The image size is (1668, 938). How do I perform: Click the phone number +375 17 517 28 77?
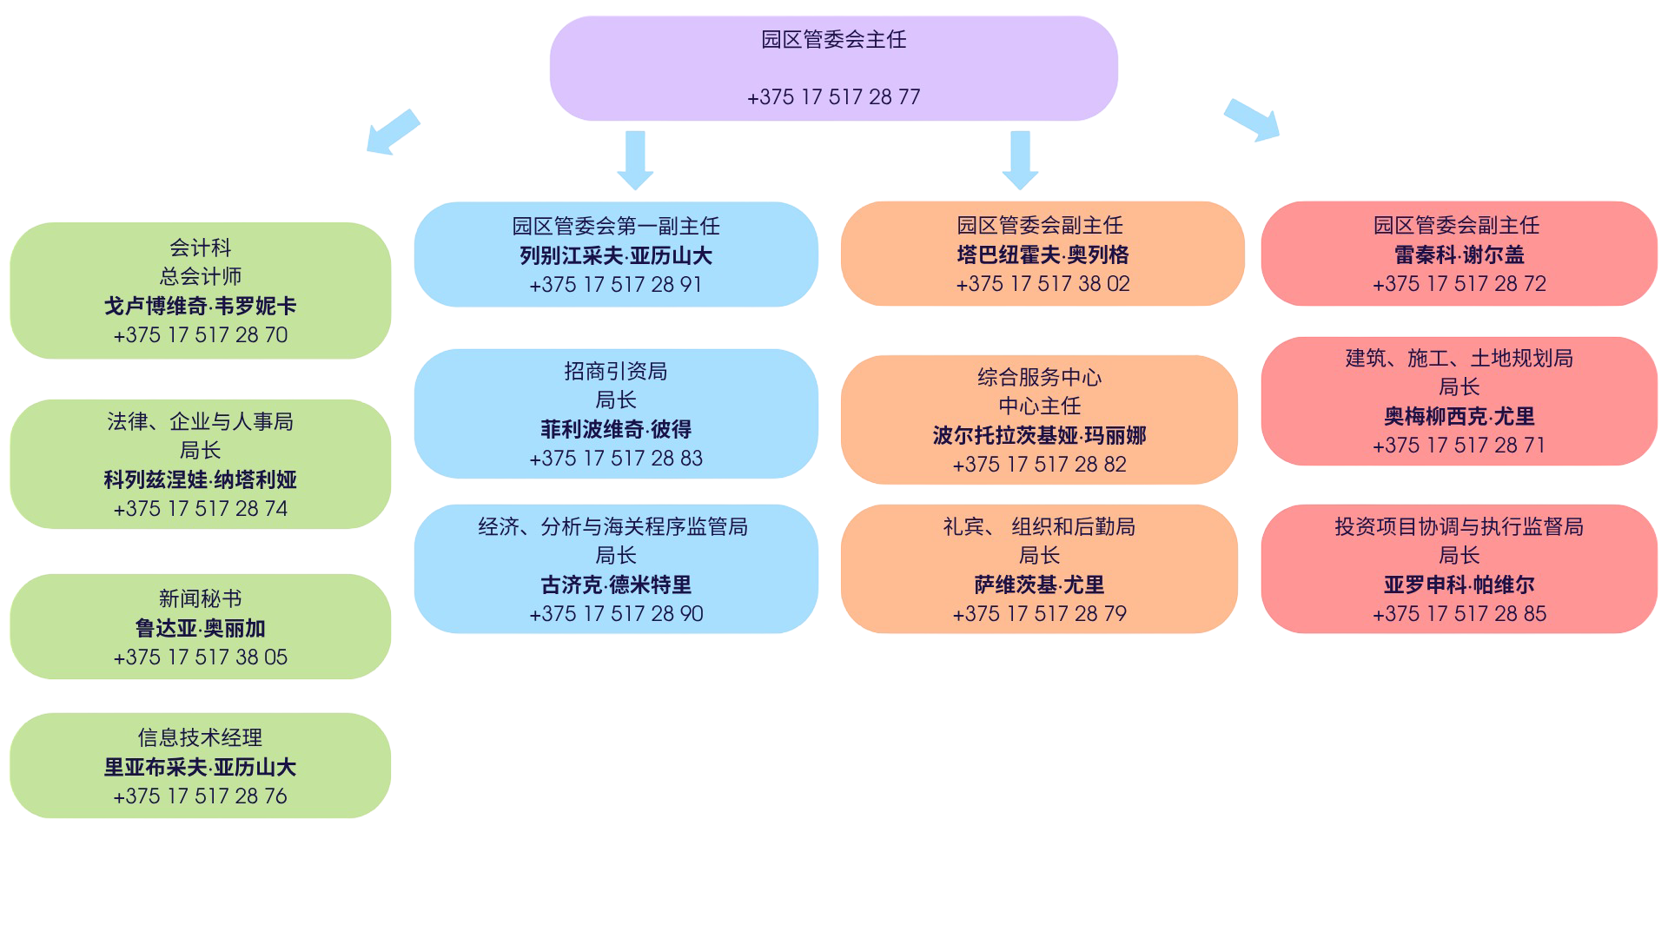pos(833,96)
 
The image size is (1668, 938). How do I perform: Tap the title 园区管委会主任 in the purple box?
pos(833,40)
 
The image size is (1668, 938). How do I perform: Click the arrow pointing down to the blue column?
pos(635,159)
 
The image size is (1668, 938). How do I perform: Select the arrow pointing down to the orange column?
pos(1020,159)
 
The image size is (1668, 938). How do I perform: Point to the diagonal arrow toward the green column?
pos(393,132)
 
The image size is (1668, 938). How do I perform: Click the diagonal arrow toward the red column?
pos(1252,120)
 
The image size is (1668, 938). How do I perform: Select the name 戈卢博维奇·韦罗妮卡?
pos(200,306)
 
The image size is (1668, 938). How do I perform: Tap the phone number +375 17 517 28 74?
pos(200,508)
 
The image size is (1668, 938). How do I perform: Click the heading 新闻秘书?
pos(200,598)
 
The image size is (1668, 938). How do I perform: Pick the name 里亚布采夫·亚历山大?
pos(200,767)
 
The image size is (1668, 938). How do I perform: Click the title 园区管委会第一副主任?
pos(616,226)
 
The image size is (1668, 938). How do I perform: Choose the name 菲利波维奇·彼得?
pos(616,429)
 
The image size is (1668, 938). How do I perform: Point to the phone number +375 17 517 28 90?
pos(616,613)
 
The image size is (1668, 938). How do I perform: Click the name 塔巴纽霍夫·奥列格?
pos(1042,254)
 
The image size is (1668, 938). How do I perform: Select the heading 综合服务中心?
pos(1039,377)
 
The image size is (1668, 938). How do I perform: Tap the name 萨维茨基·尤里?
pos(1039,585)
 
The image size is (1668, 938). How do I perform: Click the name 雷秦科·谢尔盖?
pos(1459,254)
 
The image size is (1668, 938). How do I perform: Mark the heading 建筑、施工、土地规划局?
pos(1459,358)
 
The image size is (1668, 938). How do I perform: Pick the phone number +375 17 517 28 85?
pos(1459,613)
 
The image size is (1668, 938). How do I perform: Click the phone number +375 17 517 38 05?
pos(200,657)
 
